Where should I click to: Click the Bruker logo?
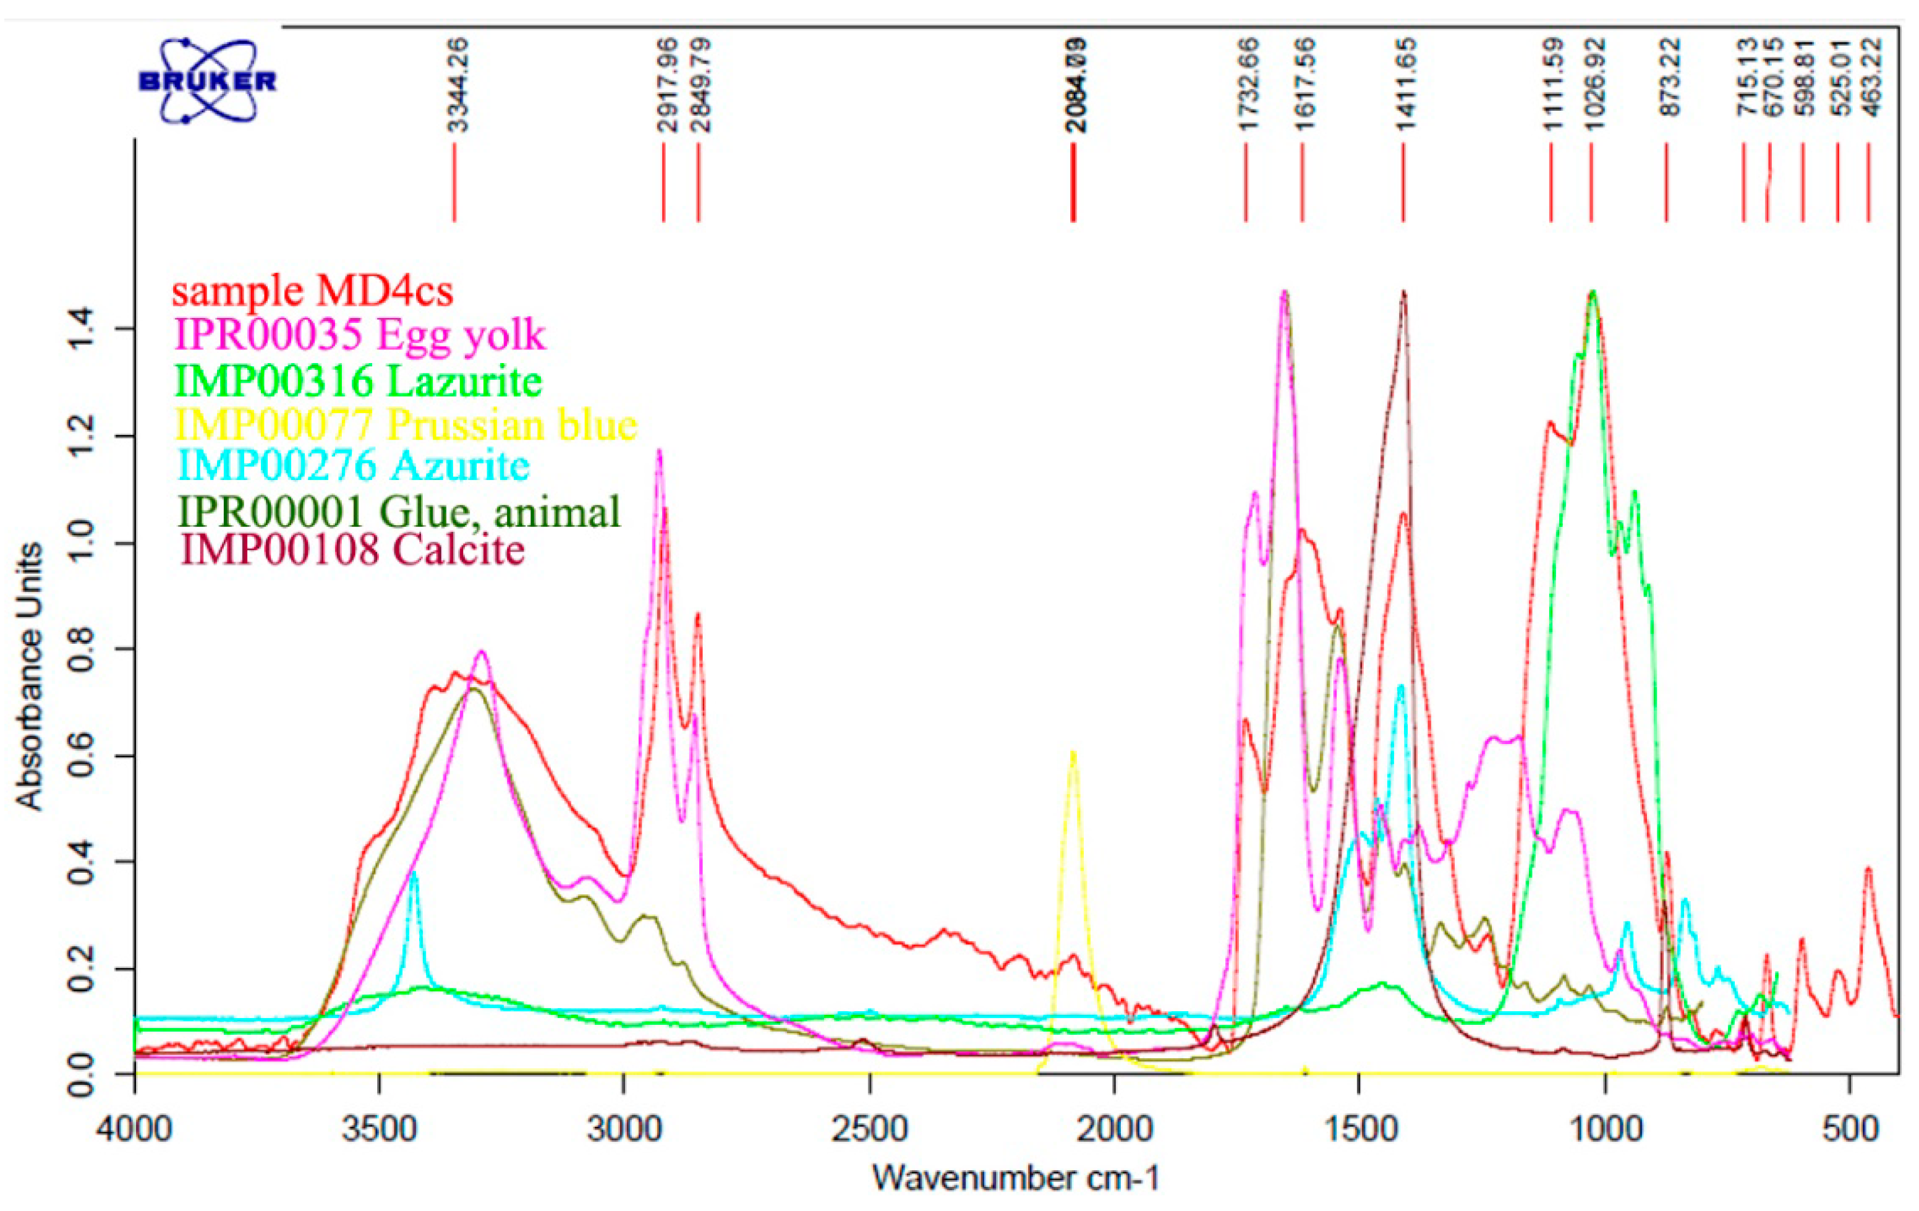pos(207,80)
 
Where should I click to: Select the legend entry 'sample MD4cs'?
pos(312,291)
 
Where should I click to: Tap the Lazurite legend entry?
pos(359,380)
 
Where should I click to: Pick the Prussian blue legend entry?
pos(406,424)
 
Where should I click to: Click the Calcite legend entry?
pos(354,550)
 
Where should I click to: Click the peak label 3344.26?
pos(457,85)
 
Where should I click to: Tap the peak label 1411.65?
pos(1406,85)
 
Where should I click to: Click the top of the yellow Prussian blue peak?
pos(1073,753)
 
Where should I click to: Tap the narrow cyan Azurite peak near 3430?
pos(413,875)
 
